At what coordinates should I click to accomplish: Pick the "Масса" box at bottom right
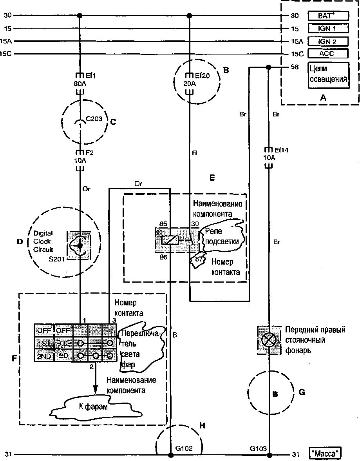325,454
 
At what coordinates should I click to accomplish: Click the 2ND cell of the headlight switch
43,356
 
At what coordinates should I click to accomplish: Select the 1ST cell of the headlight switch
43,343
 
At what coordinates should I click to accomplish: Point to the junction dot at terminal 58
269,67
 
